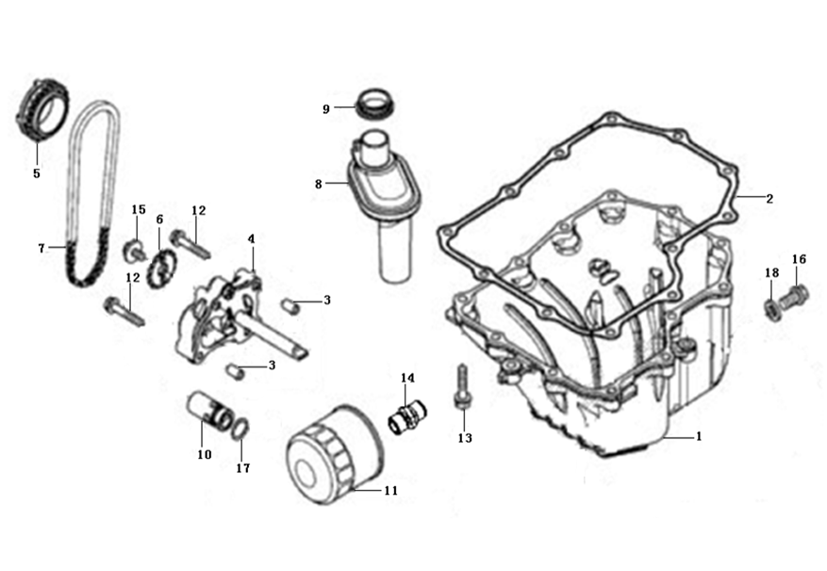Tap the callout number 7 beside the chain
(41, 248)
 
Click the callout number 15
(139, 209)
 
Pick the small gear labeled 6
(163, 265)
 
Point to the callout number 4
(252, 239)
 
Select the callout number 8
(320, 184)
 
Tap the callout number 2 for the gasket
(769, 199)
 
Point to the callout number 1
(699, 436)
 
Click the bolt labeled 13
(462, 388)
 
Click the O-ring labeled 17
(240, 432)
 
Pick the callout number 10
(204, 453)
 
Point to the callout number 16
(799, 258)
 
